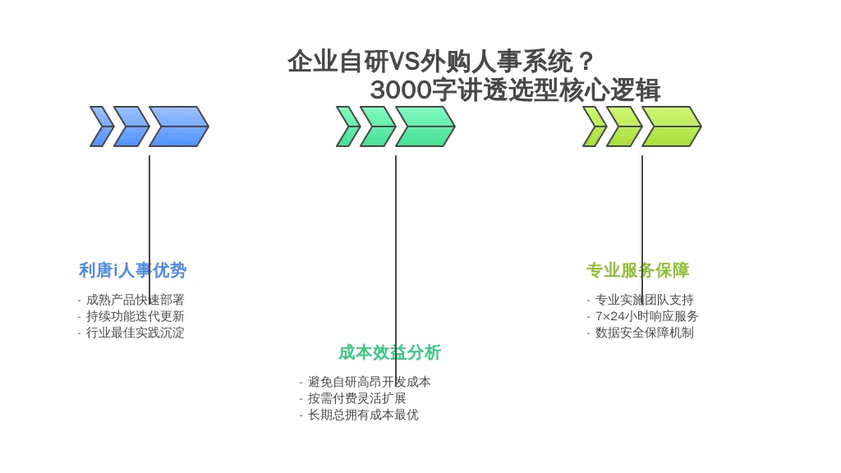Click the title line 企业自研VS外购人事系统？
(441, 61)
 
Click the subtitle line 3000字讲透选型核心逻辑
(515, 90)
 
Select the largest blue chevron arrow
(178, 126)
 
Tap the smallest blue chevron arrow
(101, 126)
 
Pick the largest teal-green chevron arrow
(425, 126)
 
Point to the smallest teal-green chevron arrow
(348, 126)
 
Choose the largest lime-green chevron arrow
(672, 126)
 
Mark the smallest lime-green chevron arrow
(595, 126)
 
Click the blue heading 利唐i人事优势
(132, 270)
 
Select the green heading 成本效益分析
(390, 353)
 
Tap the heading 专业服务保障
(637, 270)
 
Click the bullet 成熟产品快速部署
(136, 300)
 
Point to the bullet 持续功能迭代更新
(136, 316)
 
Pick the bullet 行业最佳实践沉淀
(136, 333)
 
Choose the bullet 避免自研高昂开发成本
(370, 382)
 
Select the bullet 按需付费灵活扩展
(357, 398)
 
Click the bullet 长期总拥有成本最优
(363, 415)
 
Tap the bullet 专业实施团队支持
(645, 300)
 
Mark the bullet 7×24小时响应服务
(647, 316)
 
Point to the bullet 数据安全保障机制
(645, 333)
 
